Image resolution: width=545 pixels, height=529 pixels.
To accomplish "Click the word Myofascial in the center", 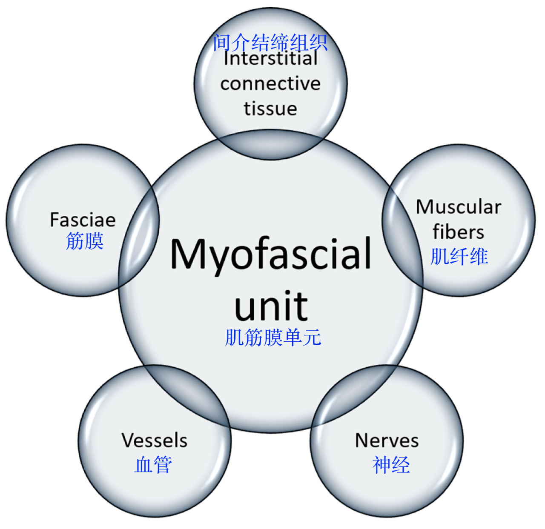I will pyautogui.click(x=271, y=254).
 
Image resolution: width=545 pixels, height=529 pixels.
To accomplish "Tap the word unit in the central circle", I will pyautogui.click(x=271, y=306).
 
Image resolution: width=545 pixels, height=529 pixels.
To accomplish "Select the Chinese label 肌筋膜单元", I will pyautogui.click(x=273, y=337).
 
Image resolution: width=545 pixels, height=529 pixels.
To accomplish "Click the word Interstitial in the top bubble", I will pyautogui.click(x=271, y=59).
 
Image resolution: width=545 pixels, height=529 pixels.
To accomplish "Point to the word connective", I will pyautogui.click(x=270, y=83).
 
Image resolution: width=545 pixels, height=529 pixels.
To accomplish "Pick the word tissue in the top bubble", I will pyautogui.click(x=270, y=109).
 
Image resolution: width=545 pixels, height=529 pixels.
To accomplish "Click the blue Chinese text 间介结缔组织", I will pyautogui.click(x=270, y=42).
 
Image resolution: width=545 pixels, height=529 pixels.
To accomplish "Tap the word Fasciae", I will pyautogui.click(x=83, y=220).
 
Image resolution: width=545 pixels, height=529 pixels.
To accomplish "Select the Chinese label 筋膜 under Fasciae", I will pyautogui.click(x=85, y=241).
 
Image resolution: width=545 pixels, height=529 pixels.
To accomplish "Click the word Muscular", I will pyautogui.click(x=459, y=207).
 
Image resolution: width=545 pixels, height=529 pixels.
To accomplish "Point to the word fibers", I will pyautogui.click(x=458, y=232).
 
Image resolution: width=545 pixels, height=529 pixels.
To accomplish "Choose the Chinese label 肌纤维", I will pyautogui.click(x=459, y=257).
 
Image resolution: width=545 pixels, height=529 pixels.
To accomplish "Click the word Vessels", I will pyautogui.click(x=154, y=440).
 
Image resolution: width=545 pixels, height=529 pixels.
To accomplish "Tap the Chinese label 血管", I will pyautogui.click(x=153, y=464).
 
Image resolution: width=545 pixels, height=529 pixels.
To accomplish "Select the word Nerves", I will pyautogui.click(x=387, y=440).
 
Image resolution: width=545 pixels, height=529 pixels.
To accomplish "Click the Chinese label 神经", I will pyautogui.click(x=391, y=464).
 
